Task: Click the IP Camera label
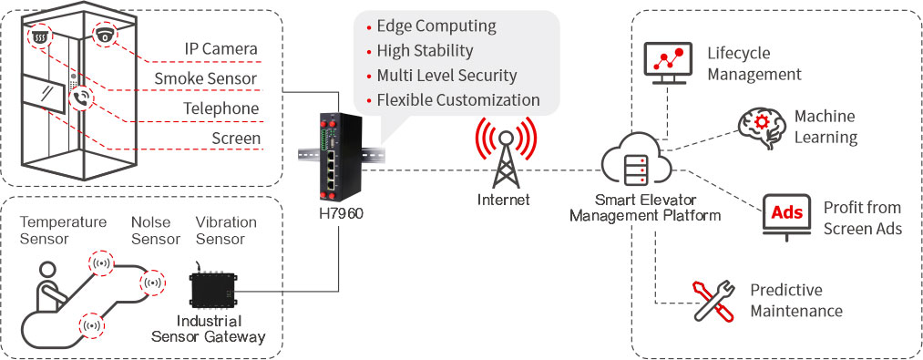pyautogui.click(x=221, y=48)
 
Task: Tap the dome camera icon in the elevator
pyautogui.click(x=106, y=34)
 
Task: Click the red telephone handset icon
pyautogui.click(x=81, y=98)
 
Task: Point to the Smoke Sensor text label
pyautogui.click(x=206, y=78)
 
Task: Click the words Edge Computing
pyautogui.click(x=436, y=26)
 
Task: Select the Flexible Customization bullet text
pyautogui.click(x=458, y=99)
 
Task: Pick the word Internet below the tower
pyautogui.click(x=503, y=200)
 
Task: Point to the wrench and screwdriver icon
pyautogui.click(x=713, y=301)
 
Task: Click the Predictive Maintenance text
pyautogui.click(x=795, y=301)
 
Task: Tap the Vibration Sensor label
pyautogui.click(x=226, y=231)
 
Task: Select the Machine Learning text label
pyautogui.click(x=826, y=127)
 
